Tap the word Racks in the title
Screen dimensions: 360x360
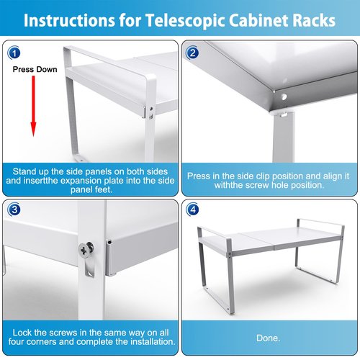[314, 20]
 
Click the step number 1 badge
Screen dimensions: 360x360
[14, 53]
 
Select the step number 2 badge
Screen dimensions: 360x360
[192, 53]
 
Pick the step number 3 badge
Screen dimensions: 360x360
[14, 210]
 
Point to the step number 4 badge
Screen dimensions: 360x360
[192, 210]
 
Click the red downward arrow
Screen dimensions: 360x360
[33, 107]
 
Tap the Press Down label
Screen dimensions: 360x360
[35, 69]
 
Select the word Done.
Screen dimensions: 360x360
[268, 338]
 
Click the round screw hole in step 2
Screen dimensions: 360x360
[284, 97]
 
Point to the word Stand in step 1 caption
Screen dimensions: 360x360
[23, 171]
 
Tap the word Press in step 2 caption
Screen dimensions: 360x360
[198, 176]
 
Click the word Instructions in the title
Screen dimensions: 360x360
[69, 20]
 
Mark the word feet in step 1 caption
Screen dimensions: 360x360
[104, 189]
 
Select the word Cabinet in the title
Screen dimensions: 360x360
[258, 20]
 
